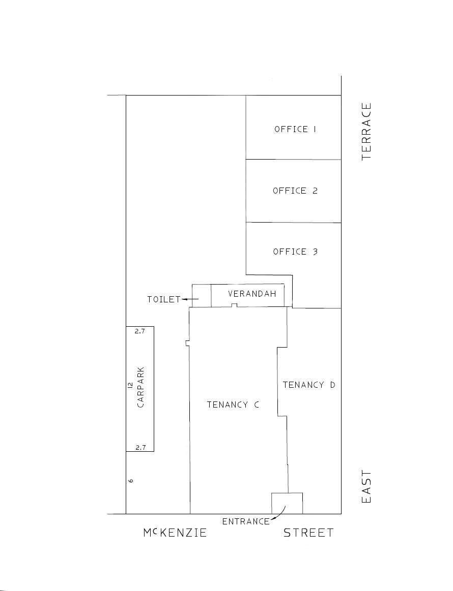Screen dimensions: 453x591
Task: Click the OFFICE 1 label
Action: pyautogui.click(x=295, y=129)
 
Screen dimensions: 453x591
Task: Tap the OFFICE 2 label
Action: pyautogui.click(x=295, y=191)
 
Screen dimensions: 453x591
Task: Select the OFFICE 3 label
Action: pyautogui.click(x=295, y=252)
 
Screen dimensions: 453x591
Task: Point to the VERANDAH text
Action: pyautogui.click(x=252, y=294)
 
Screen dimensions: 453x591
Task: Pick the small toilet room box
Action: pyautogui.click(x=202, y=296)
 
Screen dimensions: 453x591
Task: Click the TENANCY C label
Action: pyautogui.click(x=233, y=405)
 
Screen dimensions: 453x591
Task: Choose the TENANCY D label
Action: pyautogui.click(x=309, y=385)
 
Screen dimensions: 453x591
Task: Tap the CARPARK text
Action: pyautogui.click(x=140, y=387)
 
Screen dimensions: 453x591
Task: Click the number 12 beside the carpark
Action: pyautogui.click(x=130, y=385)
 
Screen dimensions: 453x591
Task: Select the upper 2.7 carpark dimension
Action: pyautogui.click(x=140, y=331)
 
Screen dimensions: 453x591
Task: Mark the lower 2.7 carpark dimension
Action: pyautogui.click(x=140, y=447)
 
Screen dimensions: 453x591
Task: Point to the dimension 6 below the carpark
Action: pyautogui.click(x=131, y=481)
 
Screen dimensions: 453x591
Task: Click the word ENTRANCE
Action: pyautogui.click(x=246, y=522)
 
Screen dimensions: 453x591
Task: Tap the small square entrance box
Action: pyautogui.click(x=287, y=503)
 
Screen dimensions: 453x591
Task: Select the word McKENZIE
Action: pyautogui.click(x=175, y=533)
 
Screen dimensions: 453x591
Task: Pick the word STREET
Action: pyautogui.click(x=309, y=533)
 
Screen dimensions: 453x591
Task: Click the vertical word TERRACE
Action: pyautogui.click(x=366, y=131)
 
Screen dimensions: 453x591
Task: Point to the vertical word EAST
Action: pyautogui.click(x=366, y=486)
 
